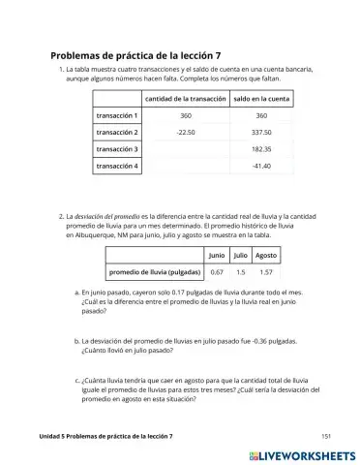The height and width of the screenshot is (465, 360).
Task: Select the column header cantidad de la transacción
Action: click(185, 99)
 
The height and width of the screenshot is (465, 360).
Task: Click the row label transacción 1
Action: click(117, 115)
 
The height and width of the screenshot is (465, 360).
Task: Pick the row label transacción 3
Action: click(117, 149)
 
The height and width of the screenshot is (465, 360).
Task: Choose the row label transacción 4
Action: click(117, 167)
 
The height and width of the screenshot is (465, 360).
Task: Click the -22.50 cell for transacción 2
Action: click(185, 133)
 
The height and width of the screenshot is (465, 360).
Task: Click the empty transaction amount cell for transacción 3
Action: click(185, 149)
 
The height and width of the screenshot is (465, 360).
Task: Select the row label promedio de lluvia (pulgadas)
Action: click(156, 272)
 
